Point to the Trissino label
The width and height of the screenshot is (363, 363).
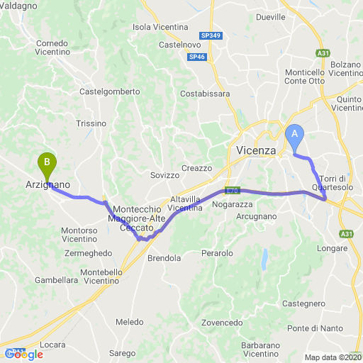coord(91,123)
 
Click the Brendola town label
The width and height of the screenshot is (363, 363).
coord(164,258)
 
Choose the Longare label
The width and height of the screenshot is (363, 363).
coord(333,248)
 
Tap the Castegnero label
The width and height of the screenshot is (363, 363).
coord(303,303)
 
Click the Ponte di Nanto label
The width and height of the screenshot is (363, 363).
coord(315,328)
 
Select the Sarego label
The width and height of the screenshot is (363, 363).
coord(122,352)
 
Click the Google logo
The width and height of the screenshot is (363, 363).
coord(23,354)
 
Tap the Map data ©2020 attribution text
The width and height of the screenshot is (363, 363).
coord(333,357)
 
